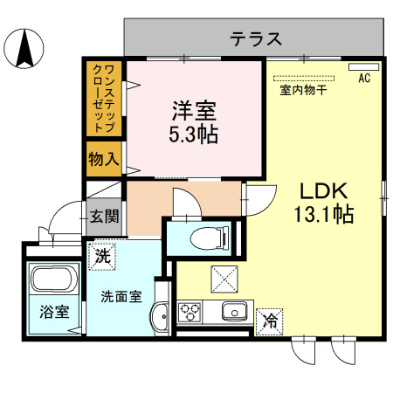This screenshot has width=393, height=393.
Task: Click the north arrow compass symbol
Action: [x=24, y=48]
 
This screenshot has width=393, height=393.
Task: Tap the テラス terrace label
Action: [x=256, y=39]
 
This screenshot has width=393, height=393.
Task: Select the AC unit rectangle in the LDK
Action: [x=364, y=67]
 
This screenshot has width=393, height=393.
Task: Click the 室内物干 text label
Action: [x=303, y=90]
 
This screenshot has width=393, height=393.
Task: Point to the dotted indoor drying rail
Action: [x=304, y=78]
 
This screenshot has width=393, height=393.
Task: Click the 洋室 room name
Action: [x=194, y=111]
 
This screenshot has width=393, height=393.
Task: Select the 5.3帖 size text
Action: [x=194, y=134]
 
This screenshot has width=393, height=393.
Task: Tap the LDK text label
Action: [x=324, y=191]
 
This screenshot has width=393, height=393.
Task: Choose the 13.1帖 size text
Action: [x=324, y=214]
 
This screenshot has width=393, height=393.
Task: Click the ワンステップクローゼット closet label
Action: [x=104, y=99]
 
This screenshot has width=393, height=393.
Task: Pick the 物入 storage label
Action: [x=104, y=159]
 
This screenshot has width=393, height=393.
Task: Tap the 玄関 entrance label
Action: [x=104, y=217]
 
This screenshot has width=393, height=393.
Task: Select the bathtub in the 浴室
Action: [x=55, y=279]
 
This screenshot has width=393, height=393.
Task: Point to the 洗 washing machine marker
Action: [x=102, y=257]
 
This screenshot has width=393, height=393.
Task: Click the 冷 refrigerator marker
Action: [x=269, y=321]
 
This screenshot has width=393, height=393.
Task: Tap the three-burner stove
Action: [x=190, y=312]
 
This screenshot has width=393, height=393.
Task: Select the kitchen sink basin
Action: [x=235, y=311]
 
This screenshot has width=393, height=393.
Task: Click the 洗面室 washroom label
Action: [x=121, y=297]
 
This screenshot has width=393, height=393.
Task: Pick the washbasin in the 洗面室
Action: [x=160, y=316]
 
